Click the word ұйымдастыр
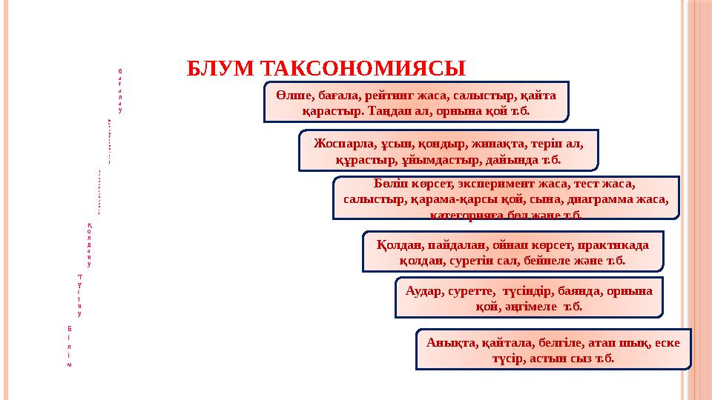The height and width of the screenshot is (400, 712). (x=443, y=159)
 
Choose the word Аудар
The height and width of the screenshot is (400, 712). (x=425, y=291)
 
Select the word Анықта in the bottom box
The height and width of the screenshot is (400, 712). (x=452, y=343)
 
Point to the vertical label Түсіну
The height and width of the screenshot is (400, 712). (x=79, y=295)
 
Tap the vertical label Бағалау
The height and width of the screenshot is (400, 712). (x=119, y=90)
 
